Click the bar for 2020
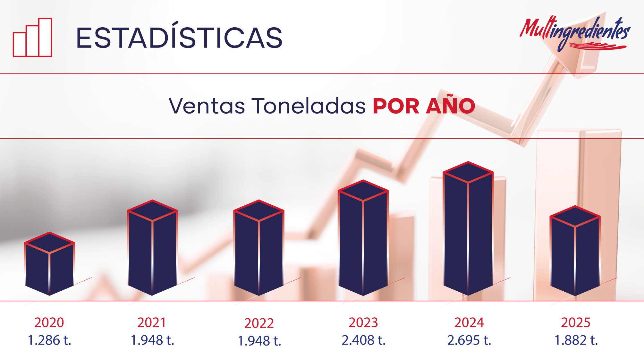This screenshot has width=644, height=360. [x=49, y=263]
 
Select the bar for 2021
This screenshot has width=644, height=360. [x=152, y=247]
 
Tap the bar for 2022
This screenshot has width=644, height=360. [x=259, y=247]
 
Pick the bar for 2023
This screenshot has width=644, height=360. [x=363, y=237]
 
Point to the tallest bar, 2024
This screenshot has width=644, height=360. [x=468, y=228]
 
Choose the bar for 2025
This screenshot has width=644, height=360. [x=575, y=250]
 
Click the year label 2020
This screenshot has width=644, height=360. [x=49, y=322]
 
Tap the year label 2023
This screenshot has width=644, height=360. [x=363, y=322]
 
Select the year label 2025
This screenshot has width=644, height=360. [x=576, y=322]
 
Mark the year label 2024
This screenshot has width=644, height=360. [x=469, y=322]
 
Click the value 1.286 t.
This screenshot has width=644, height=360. [x=49, y=340]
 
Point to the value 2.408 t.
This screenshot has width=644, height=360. [x=363, y=340]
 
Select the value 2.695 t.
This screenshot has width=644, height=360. [x=469, y=340]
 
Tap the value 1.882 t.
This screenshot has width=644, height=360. [x=576, y=340]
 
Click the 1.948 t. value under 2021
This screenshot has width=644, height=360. [x=152, y=340]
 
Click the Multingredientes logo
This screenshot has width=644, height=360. [x=575, y=34]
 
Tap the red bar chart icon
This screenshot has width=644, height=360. [x=32, y=38]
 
